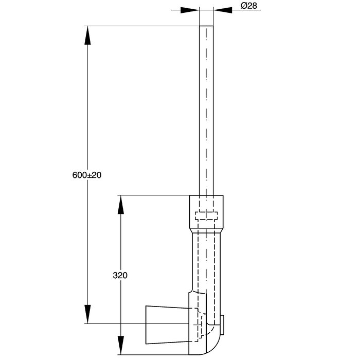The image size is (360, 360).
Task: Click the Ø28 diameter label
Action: [249, 6]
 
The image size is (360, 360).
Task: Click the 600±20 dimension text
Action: [87, 175]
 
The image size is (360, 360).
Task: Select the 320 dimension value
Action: [120, 275]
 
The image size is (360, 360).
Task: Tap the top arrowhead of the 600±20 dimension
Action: [87, 35]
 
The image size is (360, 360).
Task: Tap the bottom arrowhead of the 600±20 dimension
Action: [87, 314]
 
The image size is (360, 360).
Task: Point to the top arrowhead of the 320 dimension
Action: [121, 205]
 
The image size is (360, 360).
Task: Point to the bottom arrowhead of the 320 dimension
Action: [121, 345]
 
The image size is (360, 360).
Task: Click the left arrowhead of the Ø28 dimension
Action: [190, 10]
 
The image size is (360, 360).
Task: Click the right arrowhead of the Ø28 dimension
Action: [223, 10]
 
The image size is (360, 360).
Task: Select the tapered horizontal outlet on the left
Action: [167, 325]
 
